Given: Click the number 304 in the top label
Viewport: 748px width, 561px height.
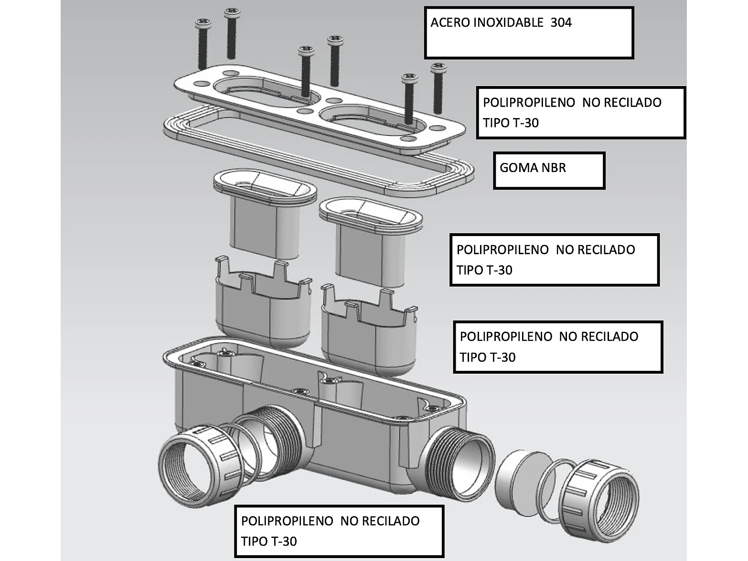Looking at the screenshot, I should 561,22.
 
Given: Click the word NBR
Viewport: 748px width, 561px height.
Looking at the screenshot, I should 554,168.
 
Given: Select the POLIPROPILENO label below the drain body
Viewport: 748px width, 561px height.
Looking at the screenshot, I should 339,531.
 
